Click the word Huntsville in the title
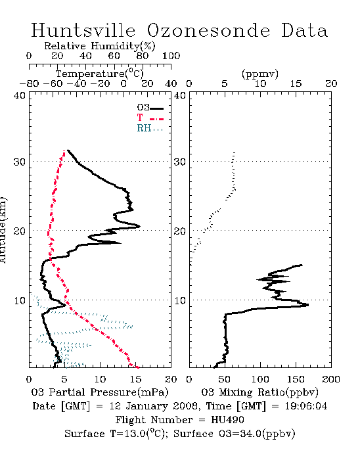83,30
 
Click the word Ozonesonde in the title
208,30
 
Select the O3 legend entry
150,108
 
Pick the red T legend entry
150,118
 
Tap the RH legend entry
150,128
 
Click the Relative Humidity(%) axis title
100,46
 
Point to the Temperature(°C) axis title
100,74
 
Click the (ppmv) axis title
260,74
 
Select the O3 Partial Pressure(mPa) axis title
100,392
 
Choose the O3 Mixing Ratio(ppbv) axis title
259,392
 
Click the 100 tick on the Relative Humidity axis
171,56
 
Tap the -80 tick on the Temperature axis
29,83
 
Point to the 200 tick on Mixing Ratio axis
331,379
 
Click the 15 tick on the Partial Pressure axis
135,379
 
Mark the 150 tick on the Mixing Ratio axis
296,379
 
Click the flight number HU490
227,420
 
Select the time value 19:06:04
305,406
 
